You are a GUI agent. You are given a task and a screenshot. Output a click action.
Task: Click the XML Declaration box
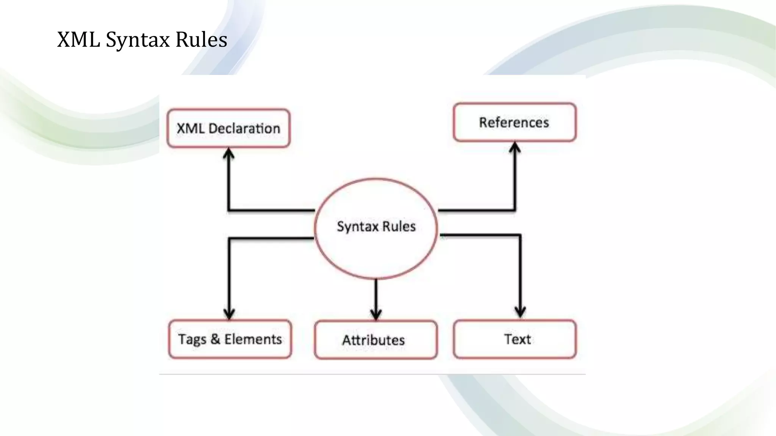coord(228,128)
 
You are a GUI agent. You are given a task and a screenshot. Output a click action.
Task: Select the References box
coord(515,122)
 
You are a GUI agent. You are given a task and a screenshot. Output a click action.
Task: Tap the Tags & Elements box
coord(230,339)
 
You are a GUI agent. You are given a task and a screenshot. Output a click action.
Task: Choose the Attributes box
coord(375,340)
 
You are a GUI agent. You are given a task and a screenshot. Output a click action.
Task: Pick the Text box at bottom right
coord(515,339)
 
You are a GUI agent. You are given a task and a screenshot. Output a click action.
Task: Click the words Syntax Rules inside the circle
coord(376,226)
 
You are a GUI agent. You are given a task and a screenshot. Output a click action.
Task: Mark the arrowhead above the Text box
coord(520,313)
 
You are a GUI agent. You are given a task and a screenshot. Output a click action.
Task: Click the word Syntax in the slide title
coord(138,39)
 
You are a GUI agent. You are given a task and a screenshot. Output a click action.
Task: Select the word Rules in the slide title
coord(201,39)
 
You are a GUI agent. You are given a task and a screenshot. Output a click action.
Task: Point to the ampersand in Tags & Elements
coord(215,339)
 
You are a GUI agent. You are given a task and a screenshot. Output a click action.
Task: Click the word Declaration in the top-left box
coord(244,128)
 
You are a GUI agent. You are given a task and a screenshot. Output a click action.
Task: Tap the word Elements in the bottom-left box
coord(253,339)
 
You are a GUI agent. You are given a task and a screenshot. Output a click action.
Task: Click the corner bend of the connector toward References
coord(515,210)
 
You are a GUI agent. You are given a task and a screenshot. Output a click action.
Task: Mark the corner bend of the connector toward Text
coord(520,235)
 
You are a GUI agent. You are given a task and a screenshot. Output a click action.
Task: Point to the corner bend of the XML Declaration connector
coord(229,210)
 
